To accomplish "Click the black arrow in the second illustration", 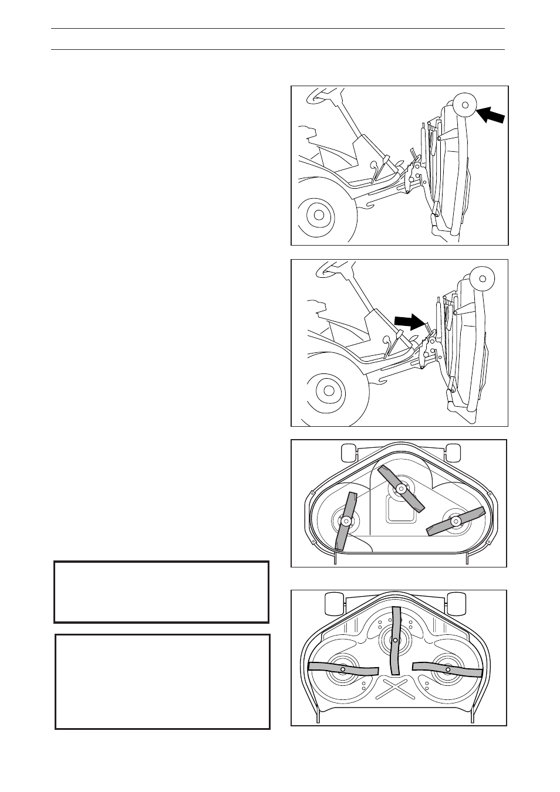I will tap(410, 321).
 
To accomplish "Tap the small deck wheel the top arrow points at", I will tap(465, 105).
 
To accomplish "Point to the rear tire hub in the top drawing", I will tap(319, 215).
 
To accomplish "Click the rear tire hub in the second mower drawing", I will tap(328, 389).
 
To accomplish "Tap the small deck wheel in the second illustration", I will tap(483, 278).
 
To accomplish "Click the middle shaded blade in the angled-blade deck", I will tap(401, 488).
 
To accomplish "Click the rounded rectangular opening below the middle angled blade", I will tap(401, 512).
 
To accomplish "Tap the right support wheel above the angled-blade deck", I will tap(453, 451).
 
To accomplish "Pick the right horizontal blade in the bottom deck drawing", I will tap(447, 669).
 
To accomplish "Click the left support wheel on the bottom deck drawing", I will tap(333, 602).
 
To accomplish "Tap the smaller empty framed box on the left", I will tap(161, 592).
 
